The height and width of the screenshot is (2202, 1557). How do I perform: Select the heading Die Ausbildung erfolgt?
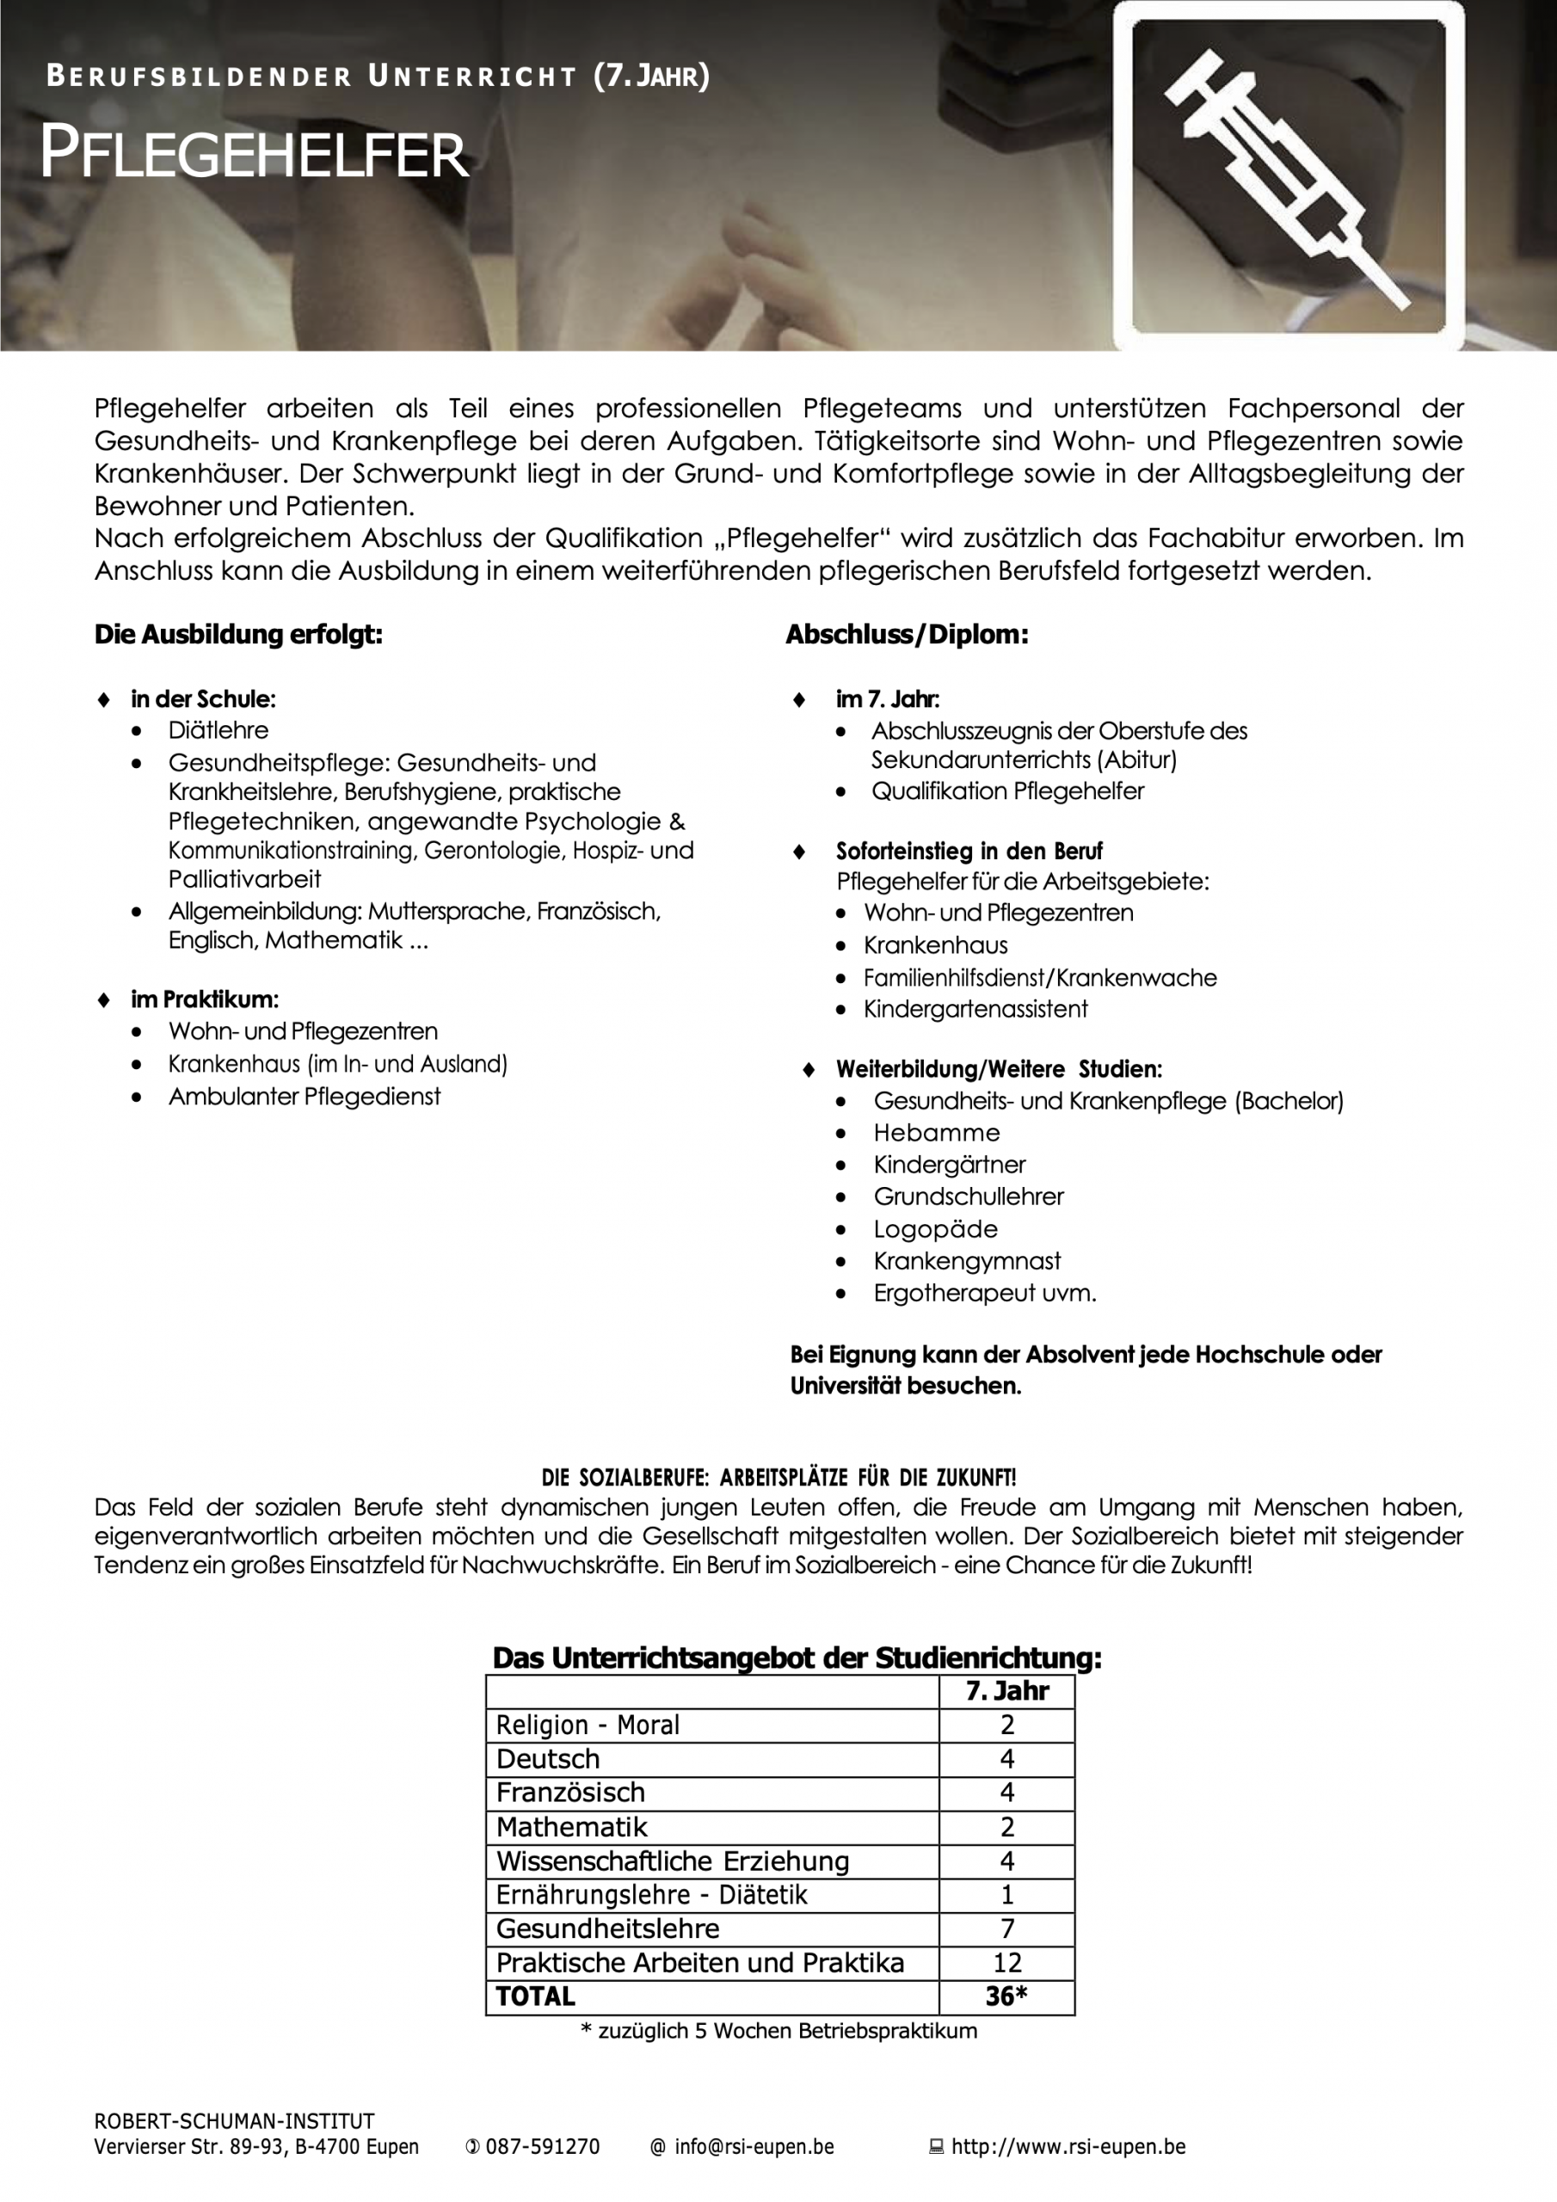tap(238, 634)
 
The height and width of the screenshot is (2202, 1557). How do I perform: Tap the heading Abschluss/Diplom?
tap(907, 634)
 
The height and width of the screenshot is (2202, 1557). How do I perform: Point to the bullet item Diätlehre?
tap(218, 730)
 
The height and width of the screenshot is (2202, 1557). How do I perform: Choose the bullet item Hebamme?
tap(936, 1133)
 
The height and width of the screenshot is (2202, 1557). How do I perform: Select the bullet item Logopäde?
tap(935, 1228)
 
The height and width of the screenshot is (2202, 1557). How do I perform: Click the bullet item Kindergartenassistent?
tap(975, 1009)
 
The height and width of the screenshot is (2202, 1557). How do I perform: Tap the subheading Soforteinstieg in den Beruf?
tap(969, 851)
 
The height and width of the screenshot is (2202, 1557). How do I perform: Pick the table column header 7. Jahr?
tap(1006, 1691)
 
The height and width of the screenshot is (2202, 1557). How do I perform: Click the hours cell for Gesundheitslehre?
tap(1006, 1928)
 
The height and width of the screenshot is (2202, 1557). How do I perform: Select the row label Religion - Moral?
tap(588, 1725)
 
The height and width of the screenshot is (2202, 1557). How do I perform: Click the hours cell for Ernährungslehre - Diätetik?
tap(1006, 1895)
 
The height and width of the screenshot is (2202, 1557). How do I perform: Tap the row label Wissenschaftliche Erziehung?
tap(673, 1861)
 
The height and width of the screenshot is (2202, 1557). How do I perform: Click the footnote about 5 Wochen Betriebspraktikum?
tap(779, 2032)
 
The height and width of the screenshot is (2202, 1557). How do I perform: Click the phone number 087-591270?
tap(542, 2146)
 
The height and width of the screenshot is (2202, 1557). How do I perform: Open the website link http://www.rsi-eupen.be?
tap(1068, 2146)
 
